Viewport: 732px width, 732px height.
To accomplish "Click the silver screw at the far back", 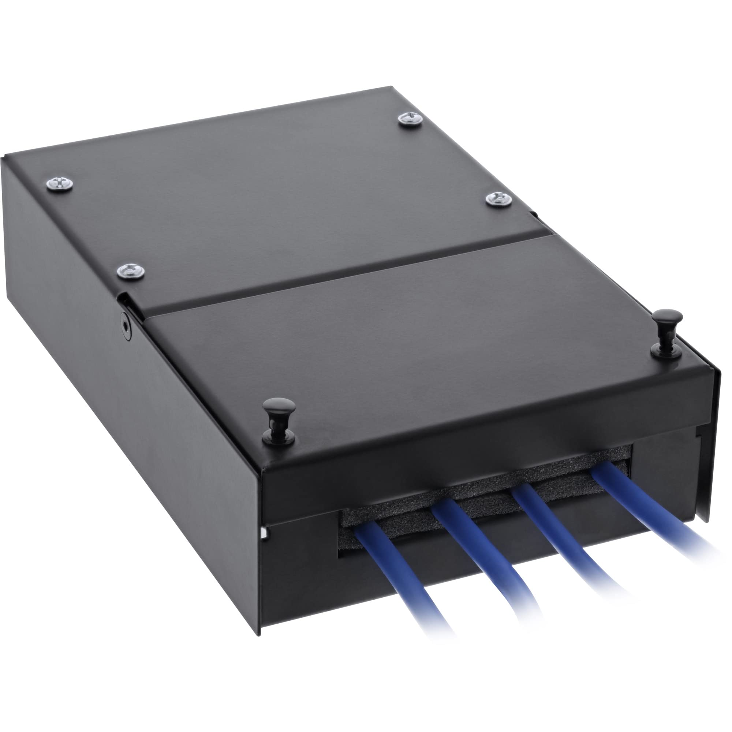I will [x=411, y=119].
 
